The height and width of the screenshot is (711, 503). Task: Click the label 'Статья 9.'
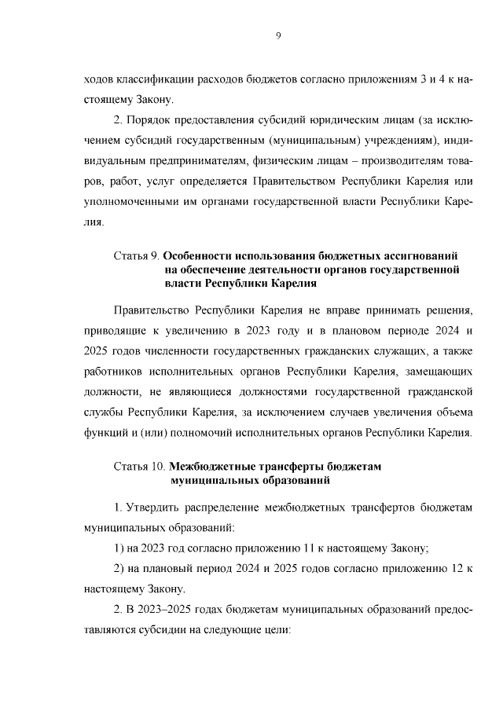138,257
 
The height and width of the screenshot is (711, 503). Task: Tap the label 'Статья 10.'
141,466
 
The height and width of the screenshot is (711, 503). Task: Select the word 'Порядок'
149,121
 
